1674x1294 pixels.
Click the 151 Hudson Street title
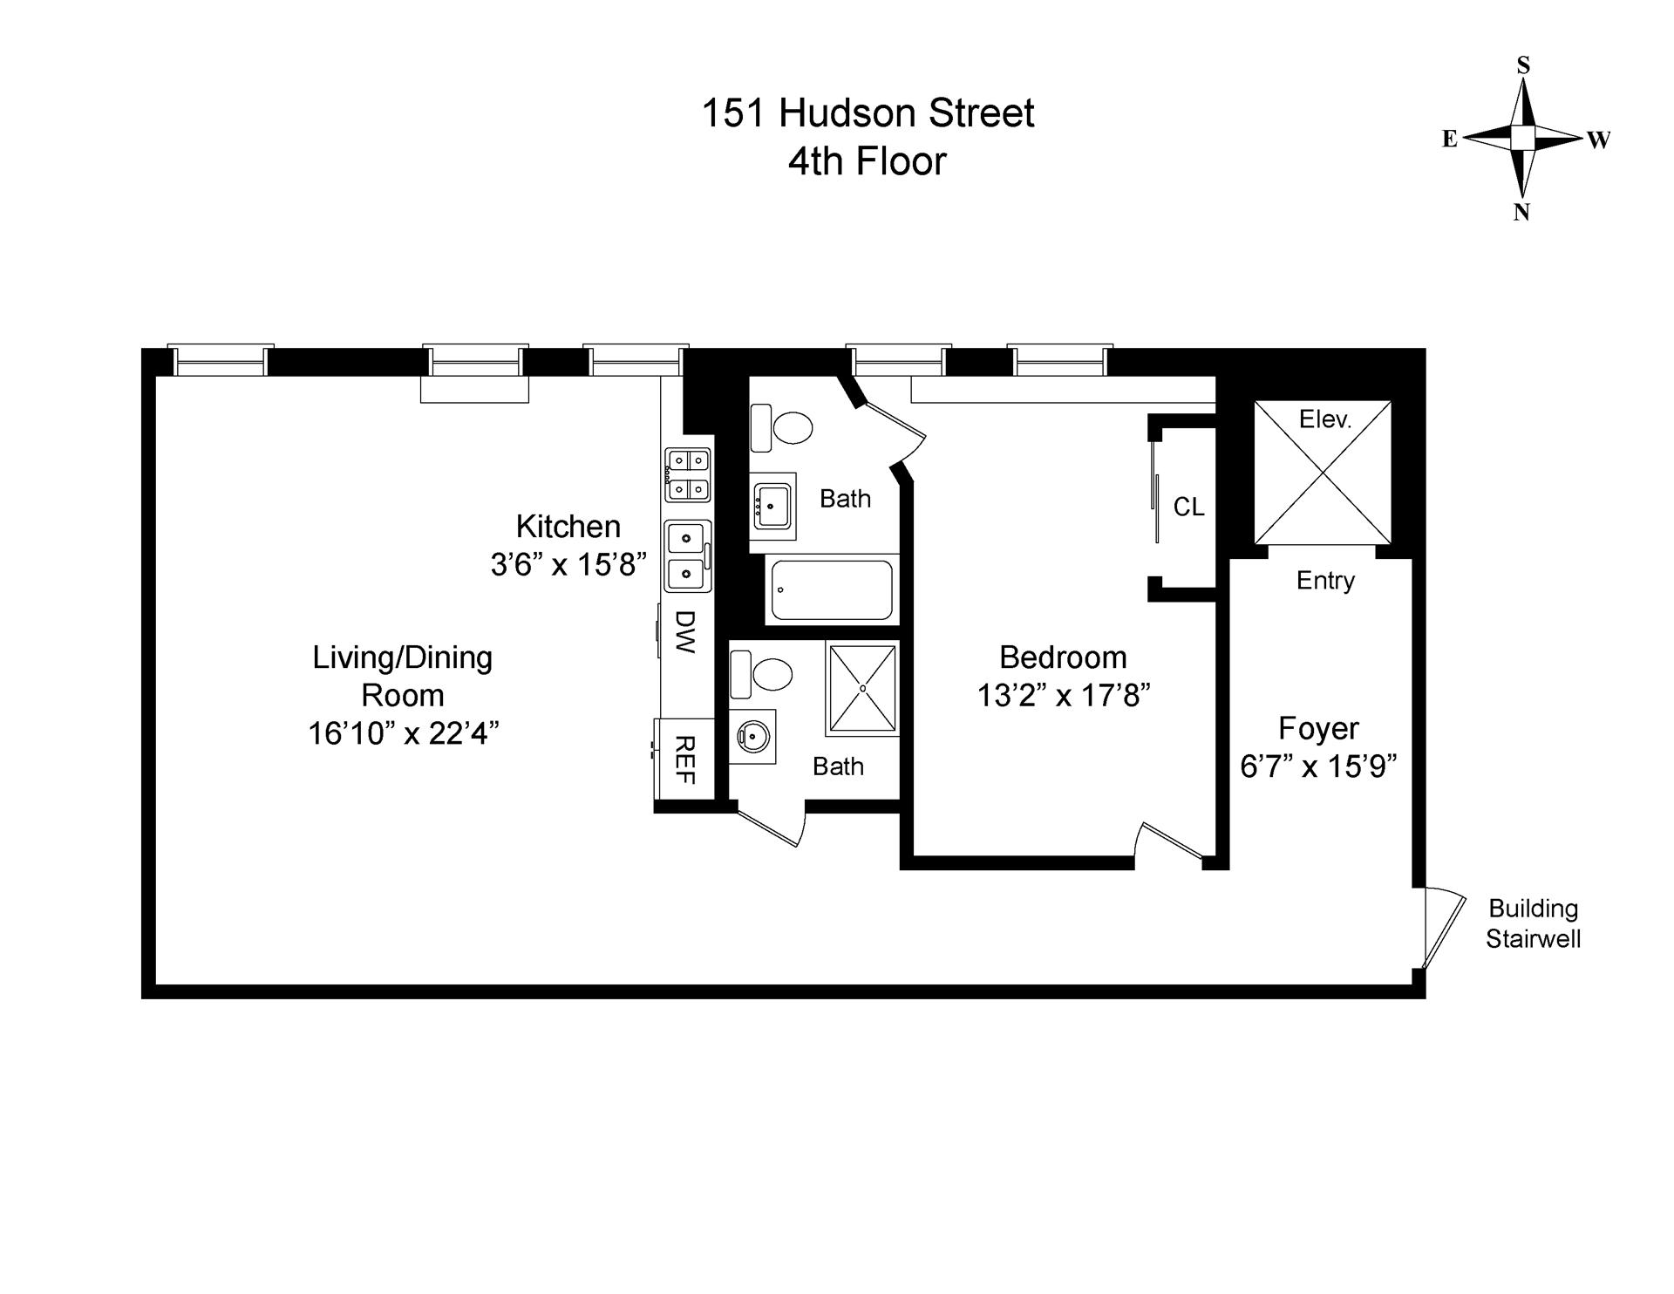tap(868, 113)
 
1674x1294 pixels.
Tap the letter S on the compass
tap(1523, 65)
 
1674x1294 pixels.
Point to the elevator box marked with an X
tap(1322, 473)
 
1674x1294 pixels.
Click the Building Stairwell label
tap(1533, 923)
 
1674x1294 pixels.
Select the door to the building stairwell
tap(1440, 928)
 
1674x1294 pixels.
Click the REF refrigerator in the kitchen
tap(684, 759)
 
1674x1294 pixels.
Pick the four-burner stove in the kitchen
tap(688, 474)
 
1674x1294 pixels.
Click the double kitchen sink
tap(688, 555)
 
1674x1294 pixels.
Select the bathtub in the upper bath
tap(832, 590)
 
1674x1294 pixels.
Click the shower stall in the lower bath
tap(862, 688)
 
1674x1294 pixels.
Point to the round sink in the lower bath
tap(752, 738)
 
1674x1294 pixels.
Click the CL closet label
tap(1188, 507)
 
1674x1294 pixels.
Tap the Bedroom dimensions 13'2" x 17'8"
tap(1064, 696)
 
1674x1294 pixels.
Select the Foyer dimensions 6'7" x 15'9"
tap(1318, 766)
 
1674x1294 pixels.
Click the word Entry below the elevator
tap(1325, 581)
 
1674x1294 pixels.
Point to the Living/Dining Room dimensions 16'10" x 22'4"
tap(403, 733)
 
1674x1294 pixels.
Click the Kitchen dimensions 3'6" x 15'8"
tap(568, 565)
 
